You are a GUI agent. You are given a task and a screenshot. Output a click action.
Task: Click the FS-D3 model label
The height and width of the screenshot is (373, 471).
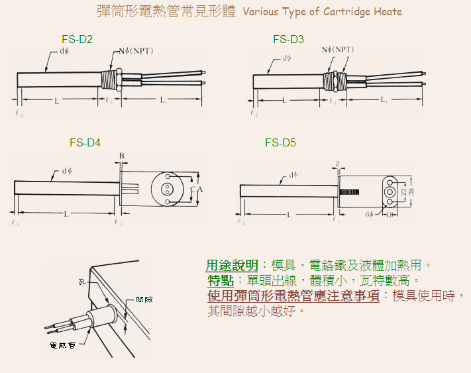pos(288,40)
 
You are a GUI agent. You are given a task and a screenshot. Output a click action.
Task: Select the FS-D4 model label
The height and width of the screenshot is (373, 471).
pos(85,142)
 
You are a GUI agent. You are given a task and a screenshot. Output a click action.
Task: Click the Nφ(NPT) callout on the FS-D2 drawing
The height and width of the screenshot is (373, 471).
pos(136,51)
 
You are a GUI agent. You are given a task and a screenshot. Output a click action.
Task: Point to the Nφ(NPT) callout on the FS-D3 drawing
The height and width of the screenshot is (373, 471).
pos(338,50)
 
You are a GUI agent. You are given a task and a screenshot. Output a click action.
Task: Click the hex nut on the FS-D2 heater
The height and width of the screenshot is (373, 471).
pos(118,78)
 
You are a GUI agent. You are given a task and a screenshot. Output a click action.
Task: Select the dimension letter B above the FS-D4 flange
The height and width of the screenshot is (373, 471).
pos(121,156)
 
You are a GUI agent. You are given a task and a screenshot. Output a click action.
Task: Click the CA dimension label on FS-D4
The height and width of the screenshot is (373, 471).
pos(195,190)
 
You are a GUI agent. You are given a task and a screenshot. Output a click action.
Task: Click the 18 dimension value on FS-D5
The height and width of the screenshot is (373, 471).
pos(390,215)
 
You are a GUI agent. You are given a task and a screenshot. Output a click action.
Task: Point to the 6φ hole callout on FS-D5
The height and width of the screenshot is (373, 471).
pos(368,215)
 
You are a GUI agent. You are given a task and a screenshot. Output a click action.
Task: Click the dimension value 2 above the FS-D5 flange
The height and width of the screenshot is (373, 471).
pos(337,162)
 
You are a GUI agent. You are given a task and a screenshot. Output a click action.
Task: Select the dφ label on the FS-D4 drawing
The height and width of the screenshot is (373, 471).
pos(67,172)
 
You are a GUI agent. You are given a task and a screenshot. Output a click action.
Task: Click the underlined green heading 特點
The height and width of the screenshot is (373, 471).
pos(219,280)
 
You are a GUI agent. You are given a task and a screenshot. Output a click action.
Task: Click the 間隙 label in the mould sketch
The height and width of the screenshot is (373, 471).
pos(144,300)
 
